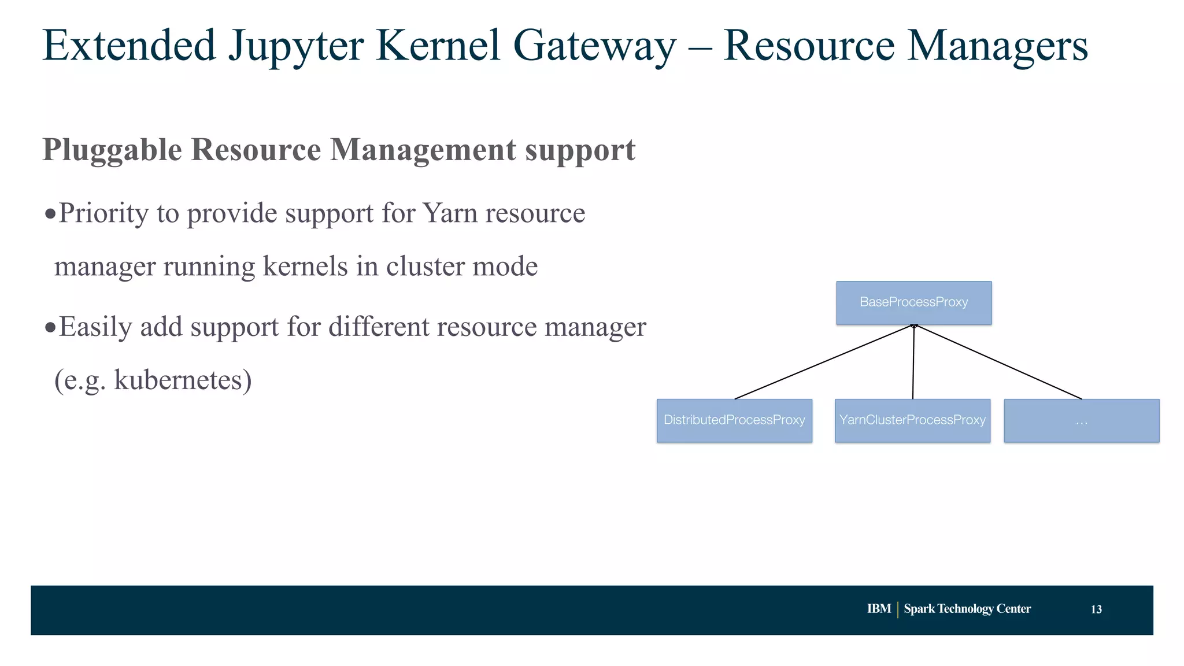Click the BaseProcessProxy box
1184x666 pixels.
tap(913, 302)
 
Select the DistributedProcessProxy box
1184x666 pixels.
tap(734, 420)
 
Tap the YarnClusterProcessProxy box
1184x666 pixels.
tap(912, 420)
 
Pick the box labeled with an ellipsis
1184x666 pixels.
tap(1081, 420)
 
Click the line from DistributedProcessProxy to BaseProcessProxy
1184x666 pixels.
tap(824, 362)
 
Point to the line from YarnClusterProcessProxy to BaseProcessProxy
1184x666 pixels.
tap(913, 362)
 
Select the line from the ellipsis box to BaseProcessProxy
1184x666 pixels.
tap(998, 362)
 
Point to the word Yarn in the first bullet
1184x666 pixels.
tap(450, 213)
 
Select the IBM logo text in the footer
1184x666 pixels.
tap(879, 609)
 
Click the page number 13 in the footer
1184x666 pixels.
tap(1096, 609)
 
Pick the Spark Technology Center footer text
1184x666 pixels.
tap(967, 609)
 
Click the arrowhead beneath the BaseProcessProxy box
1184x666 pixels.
tap(914, 327)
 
